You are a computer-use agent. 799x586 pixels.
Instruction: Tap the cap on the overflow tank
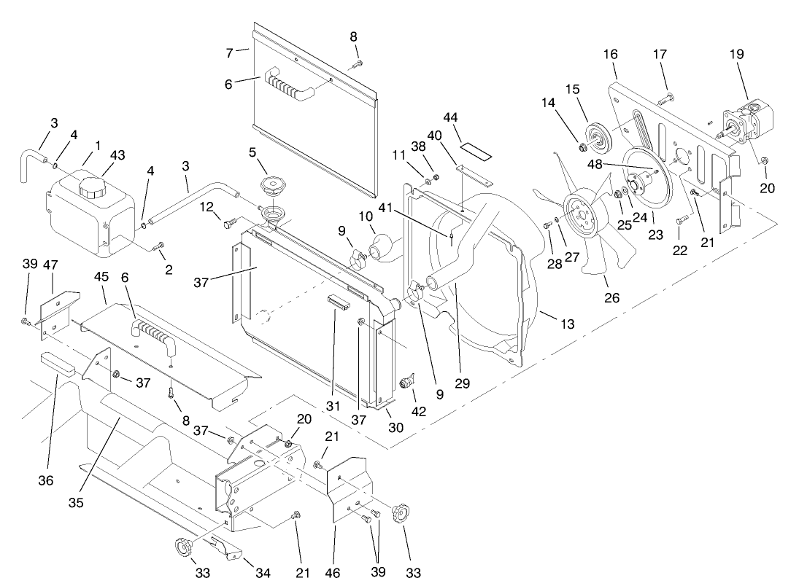pos(92,188)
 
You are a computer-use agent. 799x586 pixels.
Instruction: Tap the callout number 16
pos(611,54)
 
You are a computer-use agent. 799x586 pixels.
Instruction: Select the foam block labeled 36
pos(57,362)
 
